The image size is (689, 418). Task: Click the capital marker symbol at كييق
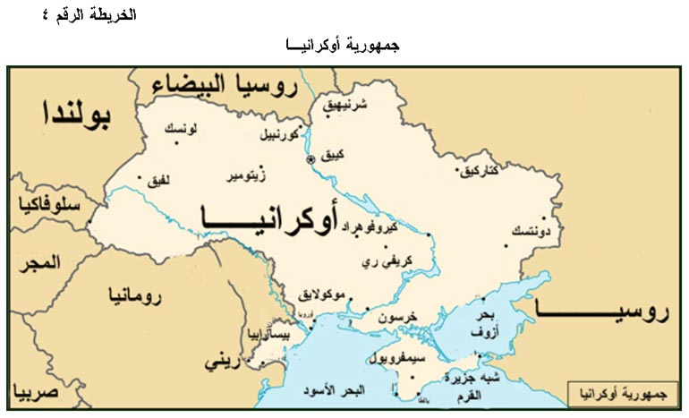pos(310,158)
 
